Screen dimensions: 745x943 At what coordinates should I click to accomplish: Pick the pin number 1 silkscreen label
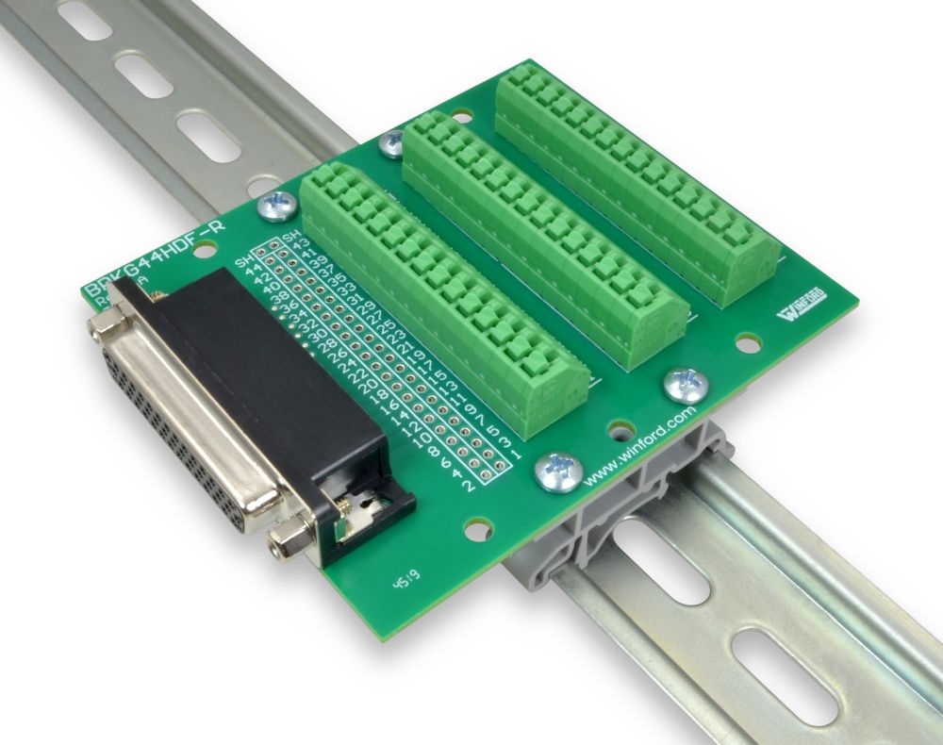coord(516,455)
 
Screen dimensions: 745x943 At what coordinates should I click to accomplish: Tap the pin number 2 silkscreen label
coord(469,486)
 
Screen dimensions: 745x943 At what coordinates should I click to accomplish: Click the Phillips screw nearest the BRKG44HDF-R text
coord(279,202)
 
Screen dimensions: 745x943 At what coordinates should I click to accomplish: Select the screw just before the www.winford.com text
coord(555,470)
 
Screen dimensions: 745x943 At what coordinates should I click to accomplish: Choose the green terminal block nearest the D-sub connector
coord(443,292)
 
